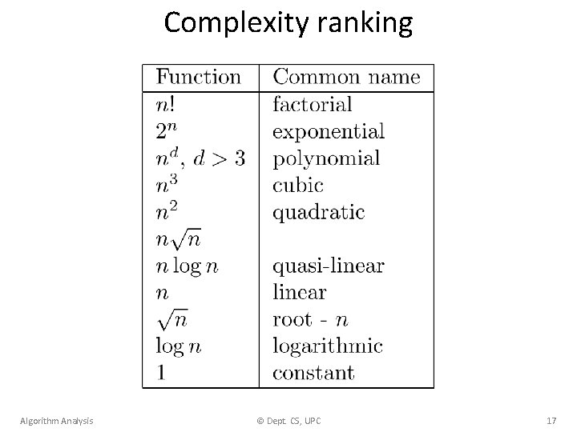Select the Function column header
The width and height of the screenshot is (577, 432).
(x=198, y=77)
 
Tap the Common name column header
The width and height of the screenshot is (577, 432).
(x=346, y=77)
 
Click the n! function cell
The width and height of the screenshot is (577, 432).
(x=166, y=104)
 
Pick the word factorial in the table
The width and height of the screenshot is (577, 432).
(x=313, y=104)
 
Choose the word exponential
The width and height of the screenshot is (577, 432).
(x=329, y=130)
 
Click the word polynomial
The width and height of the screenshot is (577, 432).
(x=326, y=158)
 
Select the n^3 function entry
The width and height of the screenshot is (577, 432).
(x=167, y=185)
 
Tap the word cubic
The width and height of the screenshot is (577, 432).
(x=298, y=185)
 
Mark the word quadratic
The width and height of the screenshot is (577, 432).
(x=318, y=212)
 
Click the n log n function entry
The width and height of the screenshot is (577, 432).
(x=187, y=266)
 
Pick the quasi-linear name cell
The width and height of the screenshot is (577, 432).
(x=329, y=266)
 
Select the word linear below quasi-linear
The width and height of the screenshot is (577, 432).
(x=300, y=292)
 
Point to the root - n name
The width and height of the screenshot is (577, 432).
(x=311, y=319)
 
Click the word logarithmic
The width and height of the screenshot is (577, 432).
(x=328, y=346)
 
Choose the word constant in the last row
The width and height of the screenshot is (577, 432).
(x=313, y=373)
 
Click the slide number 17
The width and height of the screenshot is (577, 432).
(x=551, y=420)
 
